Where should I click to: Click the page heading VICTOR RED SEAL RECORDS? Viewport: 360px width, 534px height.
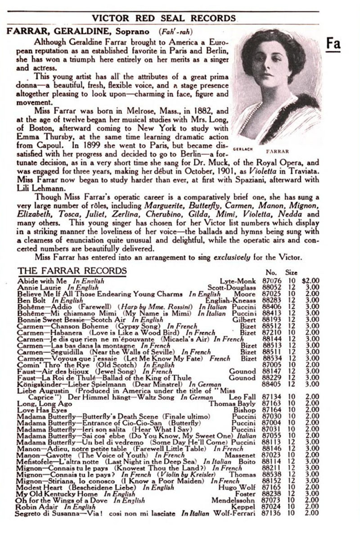point(163,18)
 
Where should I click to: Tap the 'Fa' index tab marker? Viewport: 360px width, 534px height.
point(333,45)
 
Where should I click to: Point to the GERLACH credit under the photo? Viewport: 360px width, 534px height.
point(243,146)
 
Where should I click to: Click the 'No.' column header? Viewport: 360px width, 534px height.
point(270,272)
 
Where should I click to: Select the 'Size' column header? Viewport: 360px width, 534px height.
point(291,272)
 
